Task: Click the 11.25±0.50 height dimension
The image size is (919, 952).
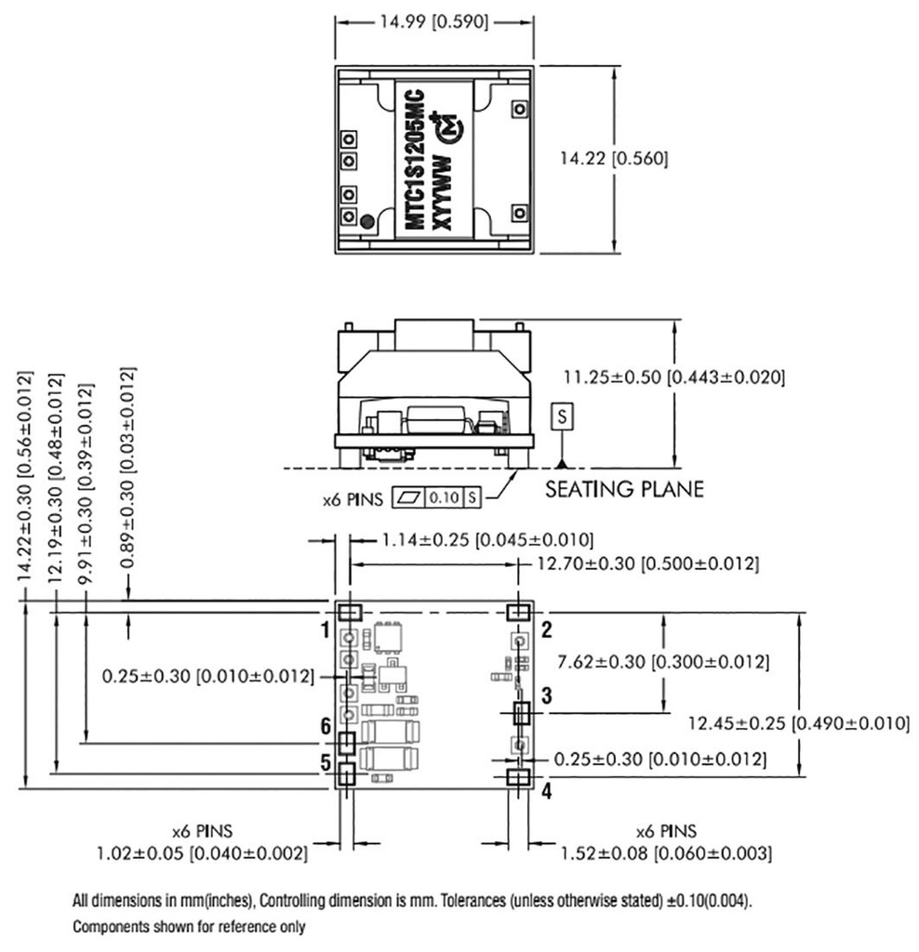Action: tap(674, 377)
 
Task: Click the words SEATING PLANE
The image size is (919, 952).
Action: tap(624, 488)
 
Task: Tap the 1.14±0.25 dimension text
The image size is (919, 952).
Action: tap(487, 540)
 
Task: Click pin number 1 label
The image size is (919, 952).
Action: tap(326, 631)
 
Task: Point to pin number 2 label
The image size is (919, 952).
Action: tap(547, 629)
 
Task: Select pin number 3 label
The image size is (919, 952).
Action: tap(547, 694)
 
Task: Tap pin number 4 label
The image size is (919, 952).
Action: tap(547, 791)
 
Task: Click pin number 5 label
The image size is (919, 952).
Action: tap(326, 763)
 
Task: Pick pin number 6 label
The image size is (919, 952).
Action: tap(326, 727)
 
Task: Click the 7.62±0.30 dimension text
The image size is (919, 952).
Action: tap(662, 662)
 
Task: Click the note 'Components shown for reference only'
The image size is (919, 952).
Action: tap(189, 927)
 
